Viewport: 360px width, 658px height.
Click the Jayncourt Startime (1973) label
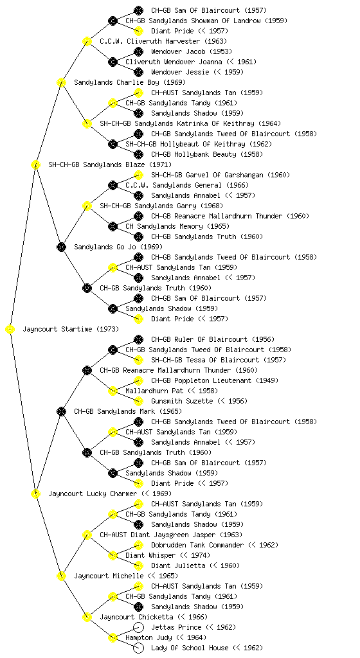point(71,329)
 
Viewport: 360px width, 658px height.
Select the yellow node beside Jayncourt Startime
point(10,330)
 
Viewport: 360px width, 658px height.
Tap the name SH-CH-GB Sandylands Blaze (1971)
point(110,164)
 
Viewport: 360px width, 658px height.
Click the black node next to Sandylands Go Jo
point(61,247)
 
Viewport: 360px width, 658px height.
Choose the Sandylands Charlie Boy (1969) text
point(130,82)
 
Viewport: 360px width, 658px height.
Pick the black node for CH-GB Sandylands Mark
point(61,412)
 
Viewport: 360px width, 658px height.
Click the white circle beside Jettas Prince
point(138,627)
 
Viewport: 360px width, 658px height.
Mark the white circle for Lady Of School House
point(138,648)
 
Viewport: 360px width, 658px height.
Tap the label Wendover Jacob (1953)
point(192,51)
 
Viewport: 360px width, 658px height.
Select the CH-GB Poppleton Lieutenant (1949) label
point(215,380)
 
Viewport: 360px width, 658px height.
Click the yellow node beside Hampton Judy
point(113,638)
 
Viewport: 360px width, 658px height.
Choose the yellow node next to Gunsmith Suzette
point(138,401)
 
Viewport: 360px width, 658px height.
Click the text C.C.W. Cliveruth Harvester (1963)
point(163,41)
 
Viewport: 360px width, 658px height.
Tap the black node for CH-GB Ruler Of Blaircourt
point(138,339)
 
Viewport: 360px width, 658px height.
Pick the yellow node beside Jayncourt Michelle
point(61,576)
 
